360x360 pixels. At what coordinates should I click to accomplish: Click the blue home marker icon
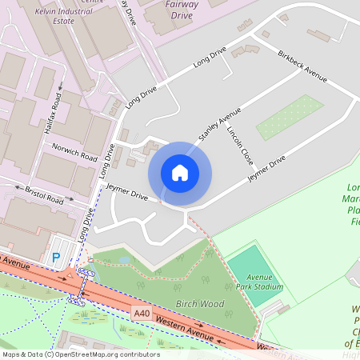pyautogui.click(x=180, y=172)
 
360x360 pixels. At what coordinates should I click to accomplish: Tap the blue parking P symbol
pyautogui.click(x=56, y=258)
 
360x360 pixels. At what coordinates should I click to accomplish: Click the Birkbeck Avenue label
pyautogui.click(x=302, y=66)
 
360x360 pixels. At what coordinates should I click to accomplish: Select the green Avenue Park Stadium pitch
pyautogui.click(x=254, y=274)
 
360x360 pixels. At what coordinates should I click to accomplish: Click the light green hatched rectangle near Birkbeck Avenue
pyautogui.click(x=290, y=117)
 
